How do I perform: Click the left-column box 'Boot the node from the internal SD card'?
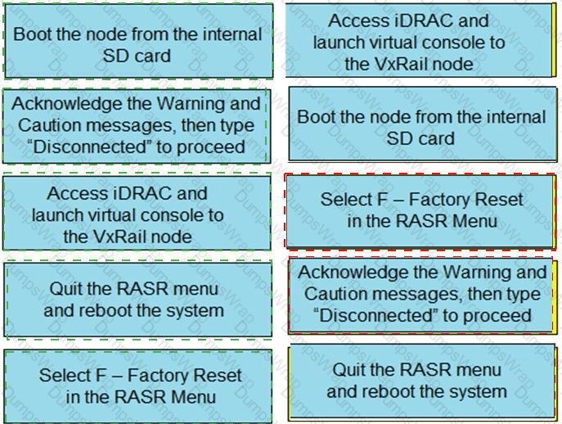tap(137, 45)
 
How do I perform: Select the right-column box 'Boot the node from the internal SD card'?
tap(420, 128)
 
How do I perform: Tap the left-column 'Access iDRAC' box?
tap(137, 214)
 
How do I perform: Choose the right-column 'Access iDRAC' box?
tap(420, 42)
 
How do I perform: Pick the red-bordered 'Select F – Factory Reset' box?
tap(420, 210)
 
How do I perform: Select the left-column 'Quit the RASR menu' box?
tap(137, 300)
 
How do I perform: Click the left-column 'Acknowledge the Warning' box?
tap(137, 125)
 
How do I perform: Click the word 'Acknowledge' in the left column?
tap(63, 104)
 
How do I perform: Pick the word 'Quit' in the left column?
tap(65, 289)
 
